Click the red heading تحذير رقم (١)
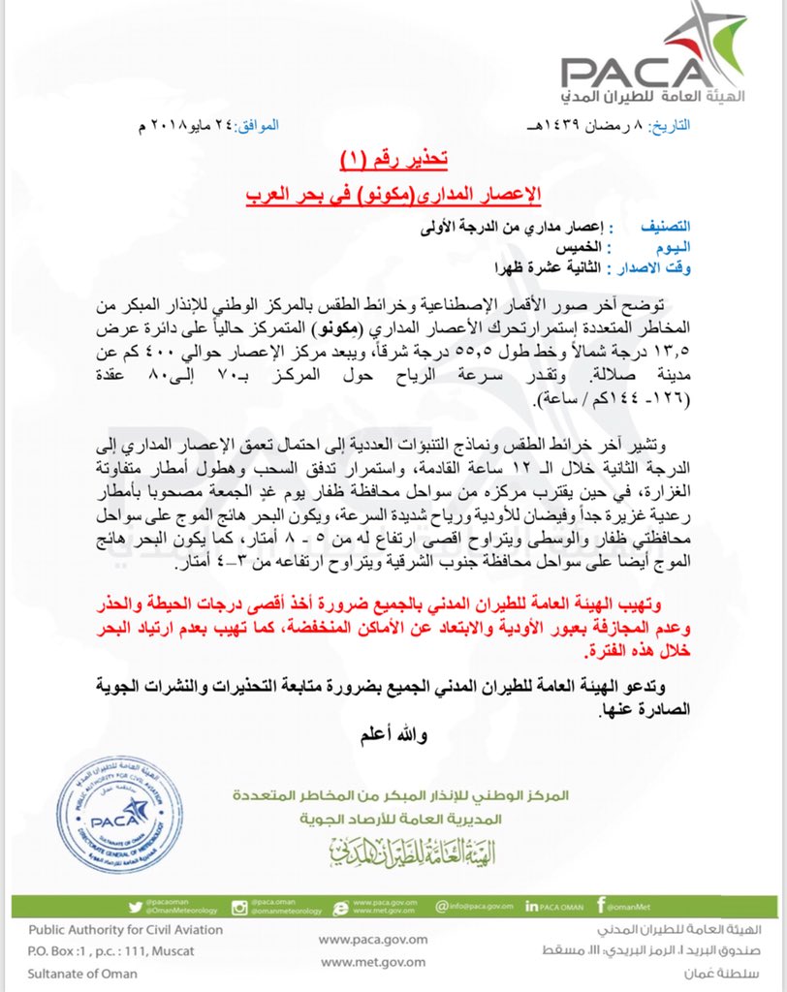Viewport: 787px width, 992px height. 393,157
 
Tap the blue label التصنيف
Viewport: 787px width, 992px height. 647,226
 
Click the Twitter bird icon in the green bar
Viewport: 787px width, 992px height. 135,907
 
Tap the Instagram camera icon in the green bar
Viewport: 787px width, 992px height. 237,907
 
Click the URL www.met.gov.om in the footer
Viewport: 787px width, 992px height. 359,961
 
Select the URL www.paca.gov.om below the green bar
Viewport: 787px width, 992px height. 359,939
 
